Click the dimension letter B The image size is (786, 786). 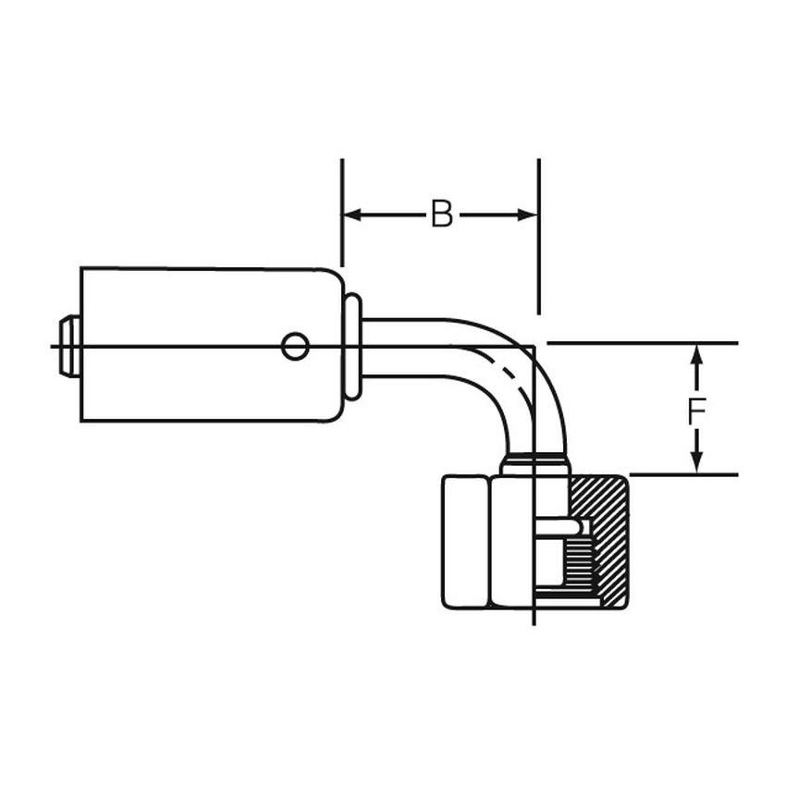(x=442, y=215)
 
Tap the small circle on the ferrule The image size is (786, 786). (x=295, y=347)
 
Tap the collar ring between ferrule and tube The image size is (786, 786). (x=352, y=347)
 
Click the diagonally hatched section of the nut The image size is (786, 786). (x=601, y=504)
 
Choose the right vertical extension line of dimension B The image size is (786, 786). (x=538, y=231)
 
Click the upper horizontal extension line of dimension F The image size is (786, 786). (x=647, y=344)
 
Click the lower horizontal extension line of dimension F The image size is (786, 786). (x=684, y=474)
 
